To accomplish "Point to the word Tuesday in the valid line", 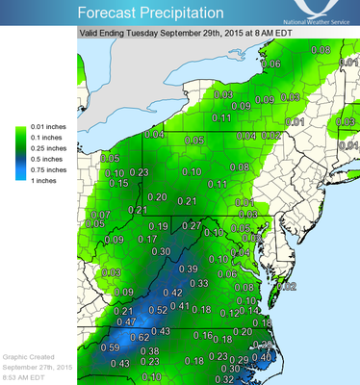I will point(155,31).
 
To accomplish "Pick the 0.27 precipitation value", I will point(193,225).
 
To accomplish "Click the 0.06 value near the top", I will point(272,64).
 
